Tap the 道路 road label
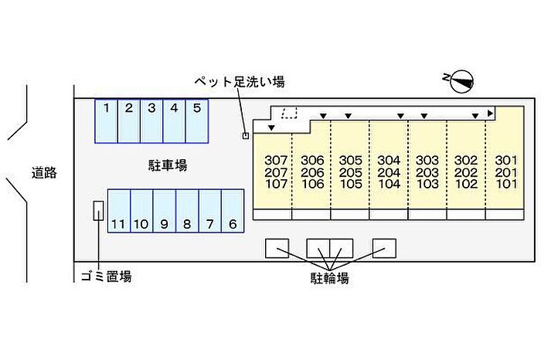coord(44,173)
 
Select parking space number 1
coord(107,121)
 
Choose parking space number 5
coord(197,121)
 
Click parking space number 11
coord(119,211)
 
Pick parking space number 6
coord(233,211)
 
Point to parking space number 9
coord(165,211)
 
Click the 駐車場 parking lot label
coord(168,165)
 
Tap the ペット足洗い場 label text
coord(240,82)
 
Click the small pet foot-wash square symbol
coord(246,136)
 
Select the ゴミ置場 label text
coord(106,277)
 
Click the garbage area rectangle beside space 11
coord(98,211)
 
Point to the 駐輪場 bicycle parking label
coord(329,278)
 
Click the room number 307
coord(276,161)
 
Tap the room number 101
coord(506,184)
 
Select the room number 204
coord(390,172)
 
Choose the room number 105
coord(351,184)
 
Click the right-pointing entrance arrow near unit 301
coord(490,113)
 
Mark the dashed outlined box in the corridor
coord(289,113)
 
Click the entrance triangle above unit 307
coord(271,128)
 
